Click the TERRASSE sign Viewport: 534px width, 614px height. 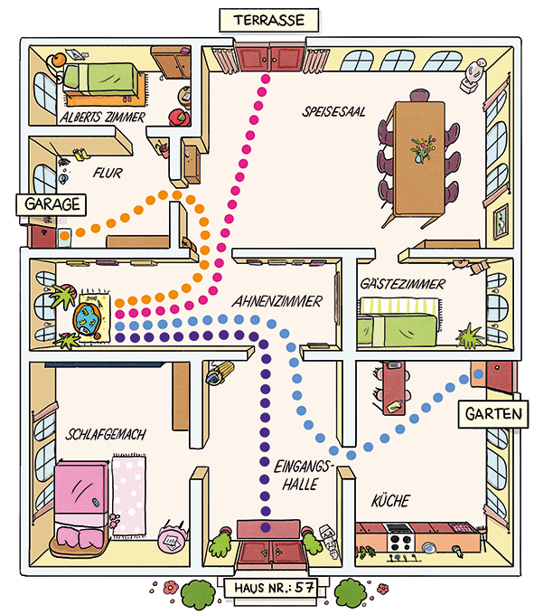click(269, 20)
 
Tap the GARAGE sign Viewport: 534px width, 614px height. click(52, 204)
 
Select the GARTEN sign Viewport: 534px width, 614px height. click(493, 414)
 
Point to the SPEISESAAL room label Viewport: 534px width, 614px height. click(333, 112)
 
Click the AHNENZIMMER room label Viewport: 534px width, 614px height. click(277, 301)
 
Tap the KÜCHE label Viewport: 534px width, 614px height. click(390, 500)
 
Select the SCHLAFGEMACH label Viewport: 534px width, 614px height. click(106, 434)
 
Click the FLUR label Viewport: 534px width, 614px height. click(108, 173)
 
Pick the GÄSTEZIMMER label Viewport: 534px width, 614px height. click(403, 284)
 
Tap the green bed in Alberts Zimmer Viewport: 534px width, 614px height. click(100, 80)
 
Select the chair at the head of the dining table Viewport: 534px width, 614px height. click(419, 96)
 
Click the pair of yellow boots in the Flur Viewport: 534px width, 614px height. click(81, 154)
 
